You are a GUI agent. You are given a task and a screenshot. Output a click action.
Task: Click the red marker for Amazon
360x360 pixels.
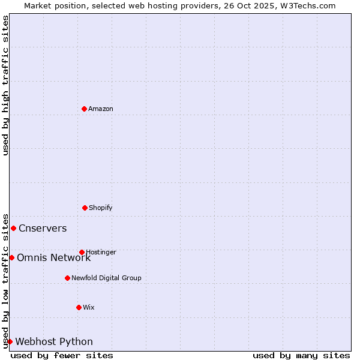coord(85,109)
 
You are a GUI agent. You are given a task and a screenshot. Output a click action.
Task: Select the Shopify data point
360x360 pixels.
coord(85,208)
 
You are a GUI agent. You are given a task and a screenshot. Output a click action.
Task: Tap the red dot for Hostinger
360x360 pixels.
coord(82,252)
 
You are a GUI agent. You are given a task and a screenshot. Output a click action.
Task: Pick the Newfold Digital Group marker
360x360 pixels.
coord(67,278)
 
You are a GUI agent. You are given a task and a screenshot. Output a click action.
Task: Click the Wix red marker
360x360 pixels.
coord(79,307)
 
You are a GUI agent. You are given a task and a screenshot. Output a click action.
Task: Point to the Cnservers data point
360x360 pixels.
coord(13,228)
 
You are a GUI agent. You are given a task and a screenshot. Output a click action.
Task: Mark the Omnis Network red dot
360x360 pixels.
coord(11,257)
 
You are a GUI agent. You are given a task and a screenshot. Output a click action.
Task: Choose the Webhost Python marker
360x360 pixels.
coord(10,341)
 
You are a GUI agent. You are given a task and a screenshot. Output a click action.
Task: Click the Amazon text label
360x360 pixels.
coord(101,109)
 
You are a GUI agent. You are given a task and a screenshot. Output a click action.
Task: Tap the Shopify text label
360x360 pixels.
coord(101,208)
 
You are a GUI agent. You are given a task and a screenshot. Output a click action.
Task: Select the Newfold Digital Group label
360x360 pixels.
coord(106,278)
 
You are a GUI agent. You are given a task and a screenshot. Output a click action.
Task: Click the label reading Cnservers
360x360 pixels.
coord(43,228)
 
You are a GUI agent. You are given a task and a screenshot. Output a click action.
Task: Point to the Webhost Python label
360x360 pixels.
coord(54,341)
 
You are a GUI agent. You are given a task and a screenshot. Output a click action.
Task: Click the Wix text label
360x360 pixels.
coord(89,307)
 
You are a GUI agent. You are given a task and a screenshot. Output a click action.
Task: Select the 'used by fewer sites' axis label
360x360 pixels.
coord(62,355)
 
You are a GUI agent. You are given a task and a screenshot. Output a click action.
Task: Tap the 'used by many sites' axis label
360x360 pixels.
coord(301,355)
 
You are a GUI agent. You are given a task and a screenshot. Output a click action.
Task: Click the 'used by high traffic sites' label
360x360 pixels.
coord(6,85)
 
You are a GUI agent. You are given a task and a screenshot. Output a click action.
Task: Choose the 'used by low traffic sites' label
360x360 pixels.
coord(6,281)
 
